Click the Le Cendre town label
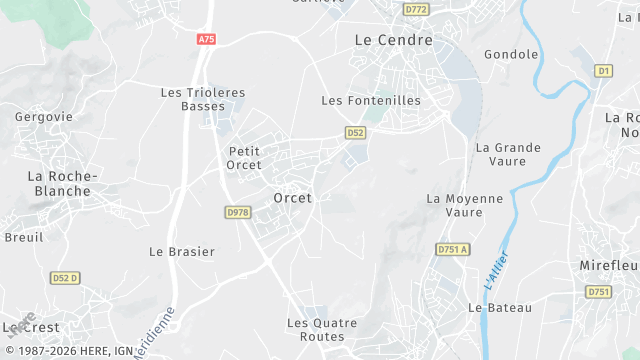coord(394,40)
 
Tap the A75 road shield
coord(205,39)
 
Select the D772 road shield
coord(416,9)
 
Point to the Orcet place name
coord(292,198)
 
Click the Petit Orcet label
coord(238,158)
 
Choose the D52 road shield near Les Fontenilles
coord(355,132)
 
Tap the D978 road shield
coord(238,212)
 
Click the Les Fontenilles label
coord(371,101)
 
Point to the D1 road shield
coord(603,71)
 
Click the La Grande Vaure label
coord(508,154)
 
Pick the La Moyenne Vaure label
coord(465,205)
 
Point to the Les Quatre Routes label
coord(315,330)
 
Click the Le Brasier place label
coord(182,252)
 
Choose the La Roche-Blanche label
coord(62,183)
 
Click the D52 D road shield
coord(66,277)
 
